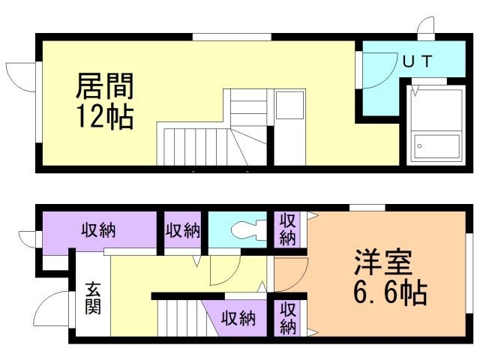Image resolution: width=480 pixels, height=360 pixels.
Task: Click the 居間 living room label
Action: (104, 87)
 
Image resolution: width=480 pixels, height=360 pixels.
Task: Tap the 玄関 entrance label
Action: (93, 297)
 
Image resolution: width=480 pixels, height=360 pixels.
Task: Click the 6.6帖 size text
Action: (390, 292)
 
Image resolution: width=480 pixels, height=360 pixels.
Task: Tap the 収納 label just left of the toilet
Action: (183, 230)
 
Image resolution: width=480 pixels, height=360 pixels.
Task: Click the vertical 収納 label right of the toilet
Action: (288, 229)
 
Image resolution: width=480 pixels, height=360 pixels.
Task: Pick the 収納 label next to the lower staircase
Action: (238, 318)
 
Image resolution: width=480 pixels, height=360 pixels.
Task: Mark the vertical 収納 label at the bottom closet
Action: (288, 317)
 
